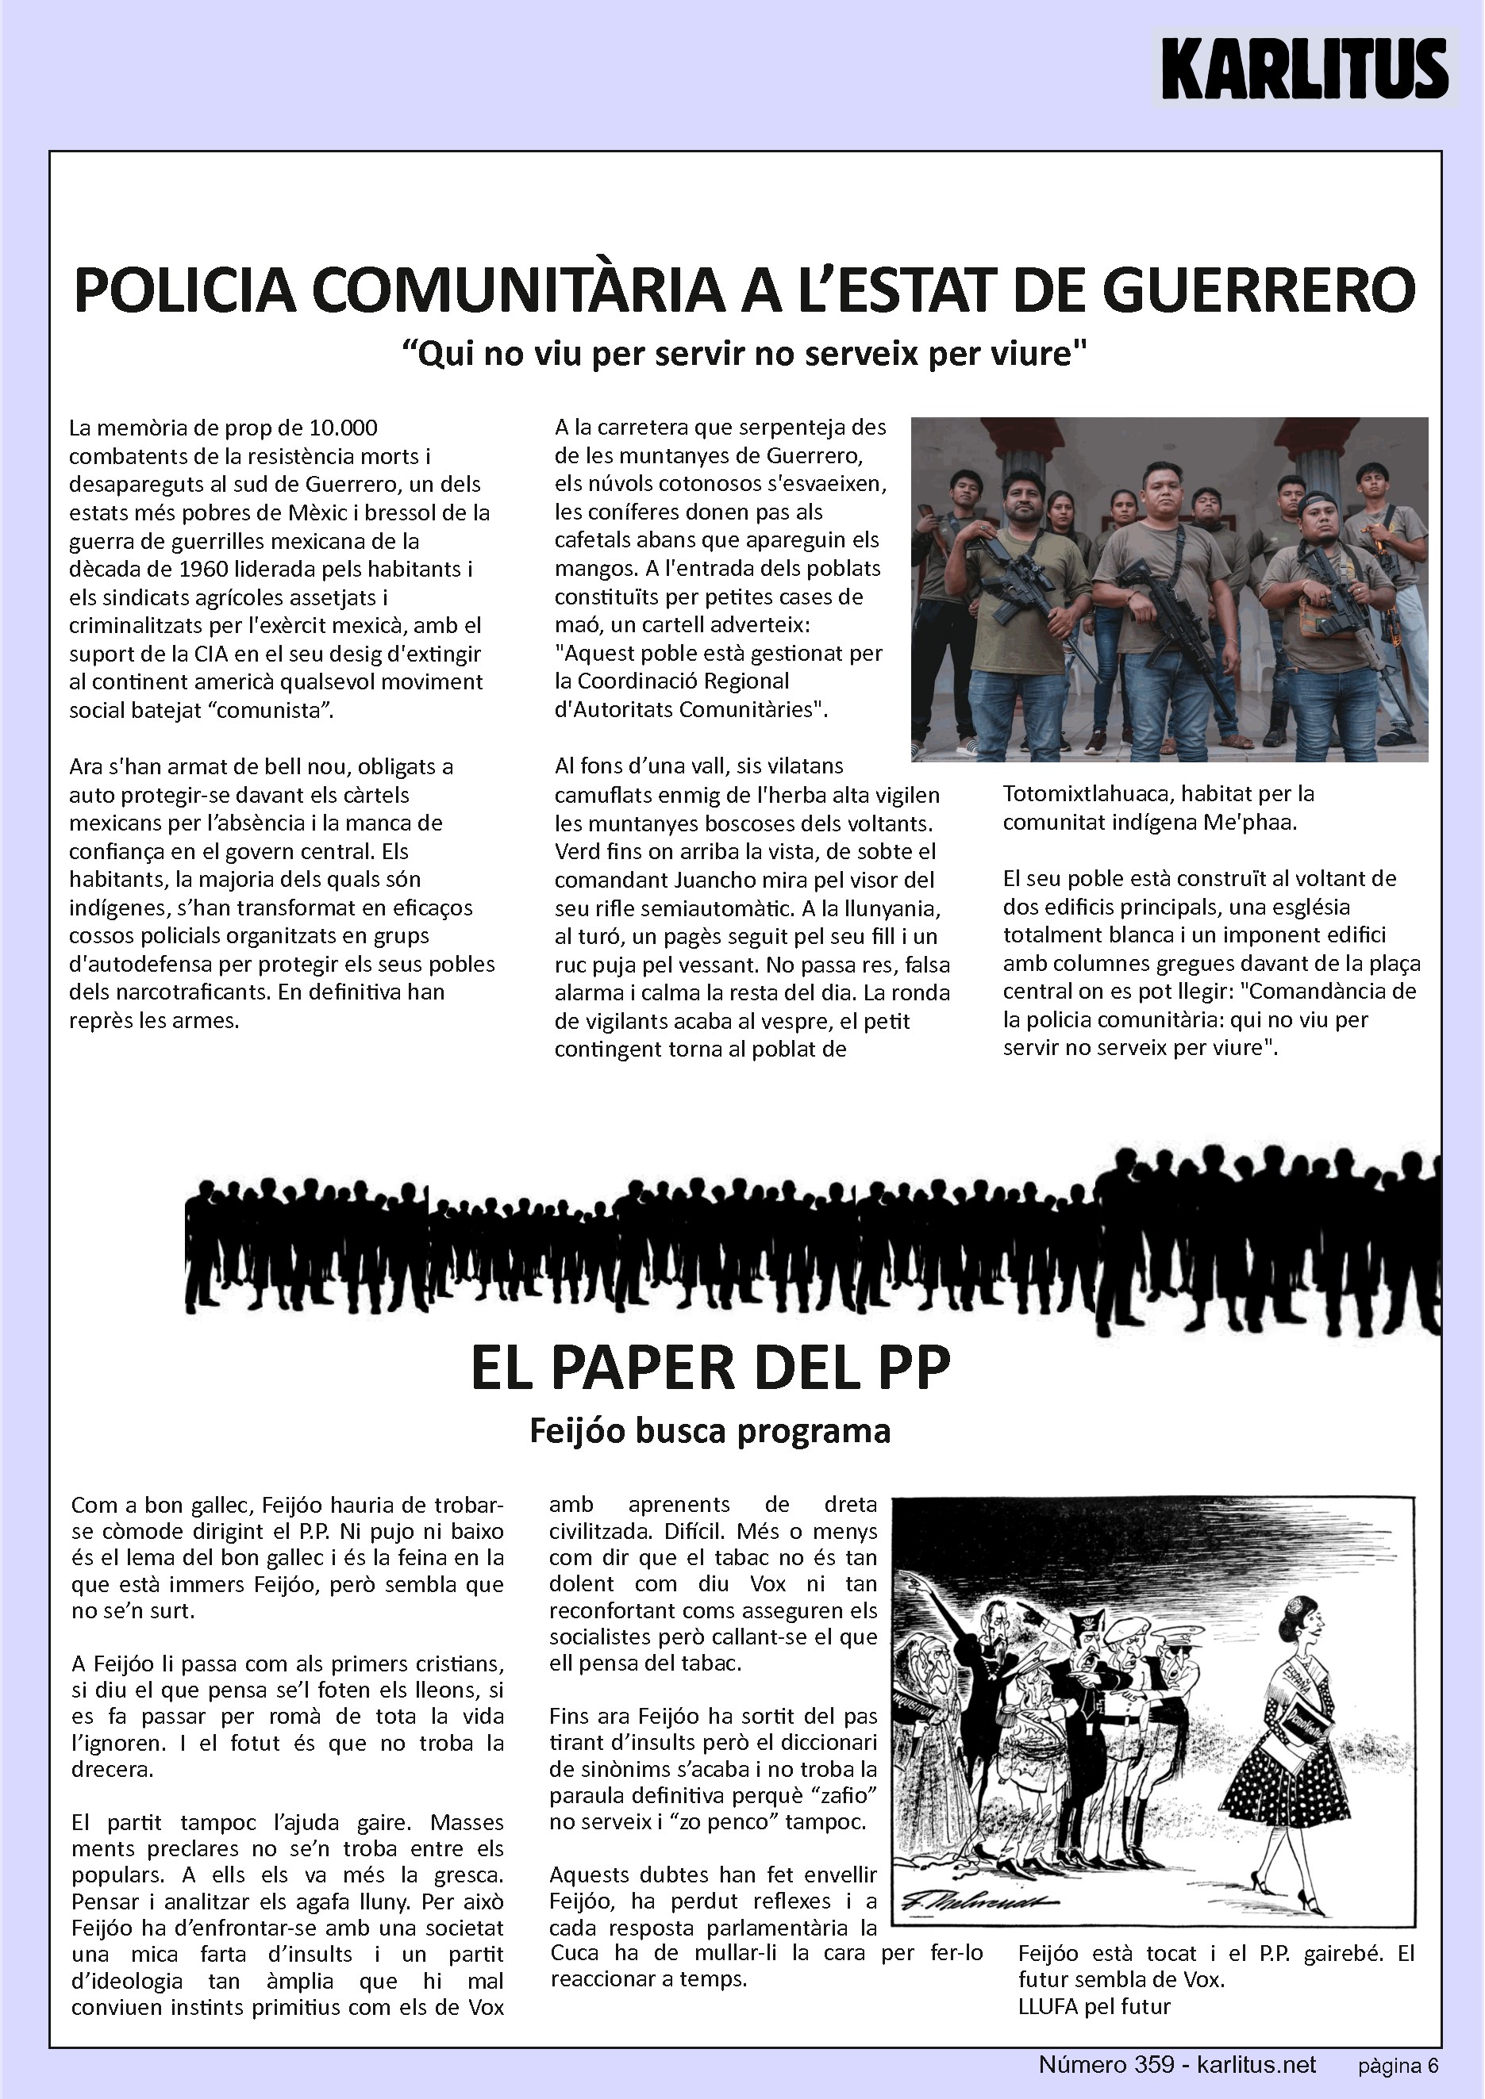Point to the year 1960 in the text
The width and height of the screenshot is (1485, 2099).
(203, 570)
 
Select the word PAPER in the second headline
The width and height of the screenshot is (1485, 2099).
(656, 1368)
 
